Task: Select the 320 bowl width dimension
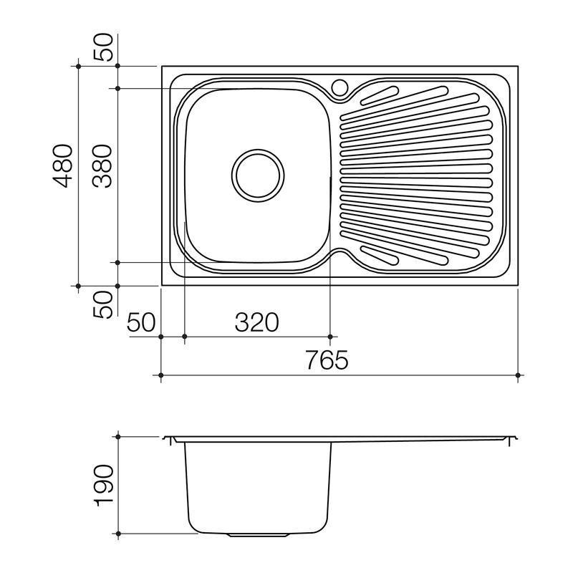(x=256, y=322)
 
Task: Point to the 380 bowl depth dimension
(x=103, y=165)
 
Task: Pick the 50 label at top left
(x=105, y=47)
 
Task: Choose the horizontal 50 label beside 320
(x=141, y=322)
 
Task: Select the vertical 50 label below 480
(x=105, y=304)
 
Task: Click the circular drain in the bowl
(x=257, y=174)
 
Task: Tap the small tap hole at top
(x=340, y=88)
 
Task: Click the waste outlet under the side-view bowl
(x=259, y=535)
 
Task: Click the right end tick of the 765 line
(x=519, y=375)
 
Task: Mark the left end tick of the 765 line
(x=160, y=375)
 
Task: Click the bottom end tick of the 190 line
(x=117, y=534)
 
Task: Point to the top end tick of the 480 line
(x=77, y=66)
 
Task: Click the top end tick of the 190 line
(x=117, y=435)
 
